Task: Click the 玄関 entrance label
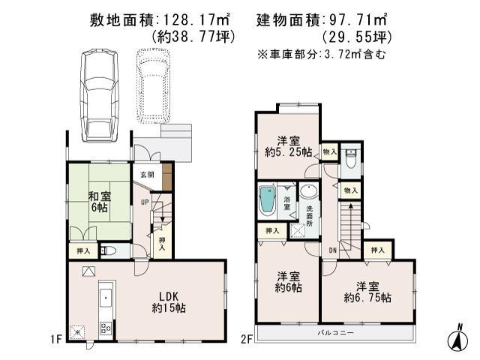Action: pos(147,175)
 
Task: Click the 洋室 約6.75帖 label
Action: pos(367,292)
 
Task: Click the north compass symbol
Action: pos(454,336)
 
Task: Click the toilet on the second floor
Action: pos(350,160)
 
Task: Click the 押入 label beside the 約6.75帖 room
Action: pos(377,250)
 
